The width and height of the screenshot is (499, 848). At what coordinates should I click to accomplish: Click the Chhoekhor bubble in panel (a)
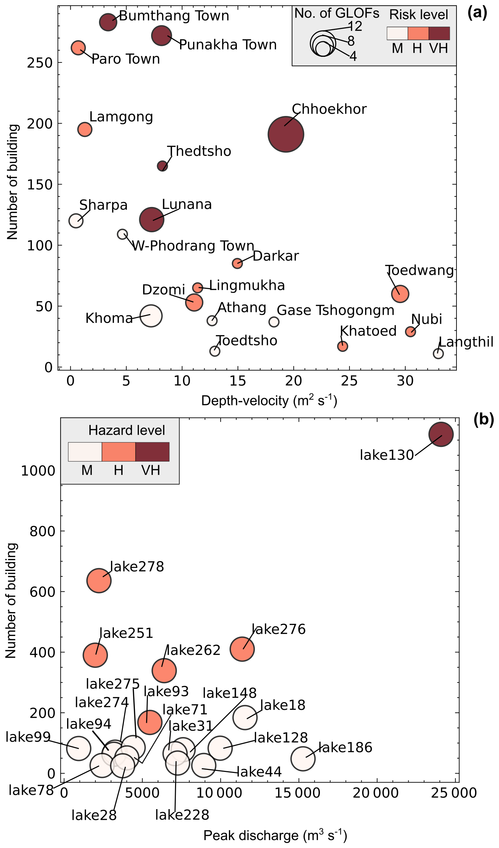pyautogui.click(x=286, y=134)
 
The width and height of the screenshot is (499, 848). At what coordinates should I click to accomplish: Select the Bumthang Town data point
pyautogui.click(x=108, y=22)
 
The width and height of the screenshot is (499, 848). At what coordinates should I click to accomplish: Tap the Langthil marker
pyautogui.click(x=438, y=354)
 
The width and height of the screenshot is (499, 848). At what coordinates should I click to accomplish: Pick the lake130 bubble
pyautogui.click(x=441, y=434)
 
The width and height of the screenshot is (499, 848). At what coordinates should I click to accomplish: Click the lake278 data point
pyautogui.click(x=99, y=581)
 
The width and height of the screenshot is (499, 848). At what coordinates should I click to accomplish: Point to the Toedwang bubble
pyautogui.click(x=400, y=294)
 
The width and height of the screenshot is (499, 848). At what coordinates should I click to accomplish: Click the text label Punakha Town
pyautogui.click(x=228, y=45)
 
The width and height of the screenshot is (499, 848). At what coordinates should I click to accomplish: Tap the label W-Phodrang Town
pyautogui.click(x=193, y=246)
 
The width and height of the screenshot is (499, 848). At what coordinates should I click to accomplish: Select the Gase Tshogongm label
pyautogui.click(x=336, y=311)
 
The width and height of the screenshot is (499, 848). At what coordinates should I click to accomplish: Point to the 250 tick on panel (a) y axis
pyautogui.click(x=40, y=63)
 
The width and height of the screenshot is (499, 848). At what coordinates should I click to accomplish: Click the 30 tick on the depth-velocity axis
pyautogui.click(x=405, y=381)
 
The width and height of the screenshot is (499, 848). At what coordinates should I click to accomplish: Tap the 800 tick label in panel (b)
pyautogui.click(x=43, y=531)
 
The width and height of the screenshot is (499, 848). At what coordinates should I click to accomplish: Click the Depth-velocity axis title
pyautogui.click(x=269, y=401)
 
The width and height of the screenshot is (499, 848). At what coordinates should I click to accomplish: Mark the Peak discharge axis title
pyautogui.click(x=275, y=836)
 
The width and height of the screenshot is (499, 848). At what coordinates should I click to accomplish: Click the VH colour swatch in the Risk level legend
pyautogui.click(x=439, y=34)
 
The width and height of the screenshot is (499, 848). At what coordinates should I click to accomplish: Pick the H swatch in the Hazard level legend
pyautogui.click(x=119, y=452)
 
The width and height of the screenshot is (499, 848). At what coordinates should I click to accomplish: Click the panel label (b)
pyautogui.click(x=483, y=420)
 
